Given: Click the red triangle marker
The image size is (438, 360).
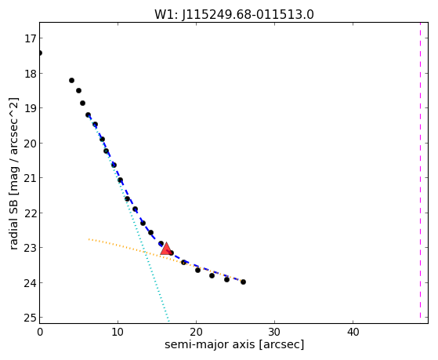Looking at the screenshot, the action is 166,249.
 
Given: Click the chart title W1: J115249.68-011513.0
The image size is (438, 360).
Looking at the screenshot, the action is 234,15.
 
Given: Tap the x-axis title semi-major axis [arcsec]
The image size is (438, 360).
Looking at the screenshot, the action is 234,344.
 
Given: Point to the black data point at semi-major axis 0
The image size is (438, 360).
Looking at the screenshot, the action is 40,53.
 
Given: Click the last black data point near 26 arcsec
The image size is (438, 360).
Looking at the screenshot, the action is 244,282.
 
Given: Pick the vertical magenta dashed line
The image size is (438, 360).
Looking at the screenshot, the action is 420,170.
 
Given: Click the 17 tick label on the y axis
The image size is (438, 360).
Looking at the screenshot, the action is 30,38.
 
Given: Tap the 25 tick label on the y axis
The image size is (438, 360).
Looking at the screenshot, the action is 30,318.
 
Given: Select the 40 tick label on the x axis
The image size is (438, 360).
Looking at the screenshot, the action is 353,333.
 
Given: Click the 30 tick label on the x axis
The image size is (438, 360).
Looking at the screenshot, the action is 274,333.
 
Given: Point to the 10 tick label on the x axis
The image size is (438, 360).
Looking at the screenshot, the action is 118,333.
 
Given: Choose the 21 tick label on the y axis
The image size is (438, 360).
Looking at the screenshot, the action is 30,178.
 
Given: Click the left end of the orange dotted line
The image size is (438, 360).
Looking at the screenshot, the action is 89,239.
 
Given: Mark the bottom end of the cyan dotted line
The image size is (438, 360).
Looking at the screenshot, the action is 168,321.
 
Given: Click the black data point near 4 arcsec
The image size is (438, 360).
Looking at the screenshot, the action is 71,81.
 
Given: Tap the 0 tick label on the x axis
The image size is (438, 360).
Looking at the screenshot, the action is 40,333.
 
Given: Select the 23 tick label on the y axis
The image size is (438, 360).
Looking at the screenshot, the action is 30,248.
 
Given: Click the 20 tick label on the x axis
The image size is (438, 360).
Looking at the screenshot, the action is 196,333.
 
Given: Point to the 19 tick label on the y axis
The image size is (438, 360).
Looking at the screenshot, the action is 30,108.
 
